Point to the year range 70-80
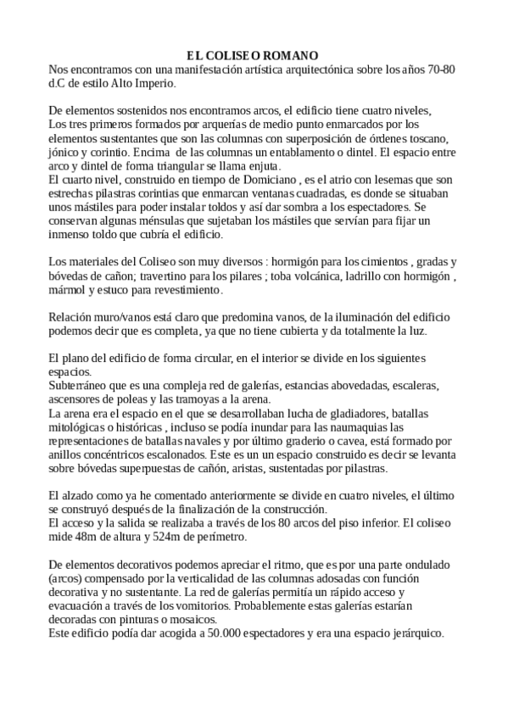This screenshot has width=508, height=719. pos(438,69)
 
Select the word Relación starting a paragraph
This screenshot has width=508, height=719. pos(72,318)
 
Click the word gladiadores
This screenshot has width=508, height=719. pos(336,414)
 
